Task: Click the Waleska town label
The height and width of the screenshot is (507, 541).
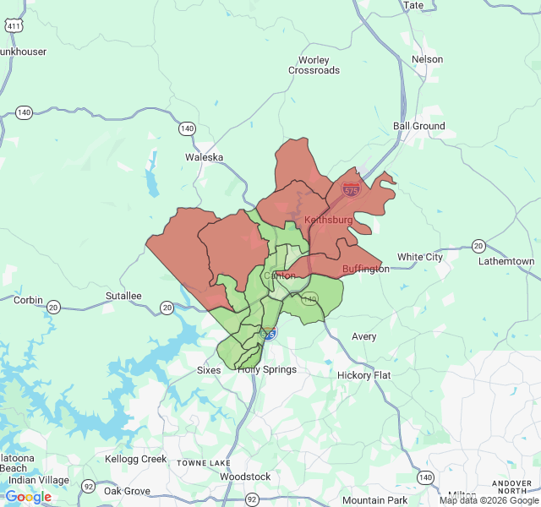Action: tap(204, 157)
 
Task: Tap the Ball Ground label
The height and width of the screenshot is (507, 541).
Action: tap(419, 126)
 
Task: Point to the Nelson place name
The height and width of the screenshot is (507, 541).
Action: tap(427, 59)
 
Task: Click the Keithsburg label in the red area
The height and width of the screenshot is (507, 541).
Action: tap(328, 220)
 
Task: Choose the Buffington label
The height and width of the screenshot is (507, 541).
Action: tap(366, 269)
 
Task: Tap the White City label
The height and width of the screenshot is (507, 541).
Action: tap(420, 257)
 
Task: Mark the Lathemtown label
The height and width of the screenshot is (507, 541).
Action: tap(505, 262)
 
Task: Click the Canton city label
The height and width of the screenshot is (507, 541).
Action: tap(280, 275)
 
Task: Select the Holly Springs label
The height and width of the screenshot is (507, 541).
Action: tap(267, 369)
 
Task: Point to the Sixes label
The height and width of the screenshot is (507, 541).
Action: tap(209, 370)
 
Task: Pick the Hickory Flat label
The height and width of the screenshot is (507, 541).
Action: tap(363, 375)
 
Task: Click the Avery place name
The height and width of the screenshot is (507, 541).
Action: tap(364, 336)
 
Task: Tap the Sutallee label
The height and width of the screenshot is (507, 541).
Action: tap(123, 296)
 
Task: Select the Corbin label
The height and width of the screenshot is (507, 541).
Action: tap(28, 300)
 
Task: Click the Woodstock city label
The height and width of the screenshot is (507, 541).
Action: tap(245, 477)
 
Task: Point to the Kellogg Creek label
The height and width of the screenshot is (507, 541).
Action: tap(135, 459)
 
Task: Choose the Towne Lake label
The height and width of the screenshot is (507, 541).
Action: tap(203, 463)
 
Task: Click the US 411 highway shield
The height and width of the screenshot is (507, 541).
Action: tap(14, 26)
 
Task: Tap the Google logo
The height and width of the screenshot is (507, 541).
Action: tap(28, 497)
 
